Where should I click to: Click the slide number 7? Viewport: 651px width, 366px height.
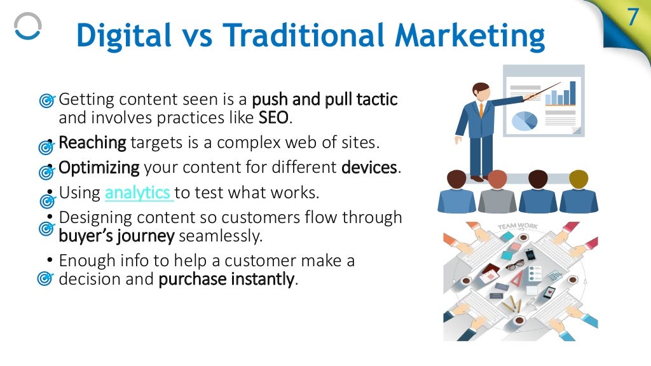pos(632,17)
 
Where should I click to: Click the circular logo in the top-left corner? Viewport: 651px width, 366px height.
pos(27,27)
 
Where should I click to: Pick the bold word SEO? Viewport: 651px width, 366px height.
pos(273,118)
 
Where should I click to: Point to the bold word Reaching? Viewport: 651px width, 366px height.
pos(92,142)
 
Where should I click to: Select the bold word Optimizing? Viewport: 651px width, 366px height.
pos(99,168)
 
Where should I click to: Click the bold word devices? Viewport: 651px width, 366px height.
pos(369,168)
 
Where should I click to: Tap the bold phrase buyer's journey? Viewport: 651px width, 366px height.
pos(116,236)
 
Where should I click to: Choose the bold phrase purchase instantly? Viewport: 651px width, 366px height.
pos(226,279)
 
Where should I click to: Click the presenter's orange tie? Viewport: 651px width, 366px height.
pos(481,109)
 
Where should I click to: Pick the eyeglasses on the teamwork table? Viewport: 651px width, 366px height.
pos(515,264)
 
